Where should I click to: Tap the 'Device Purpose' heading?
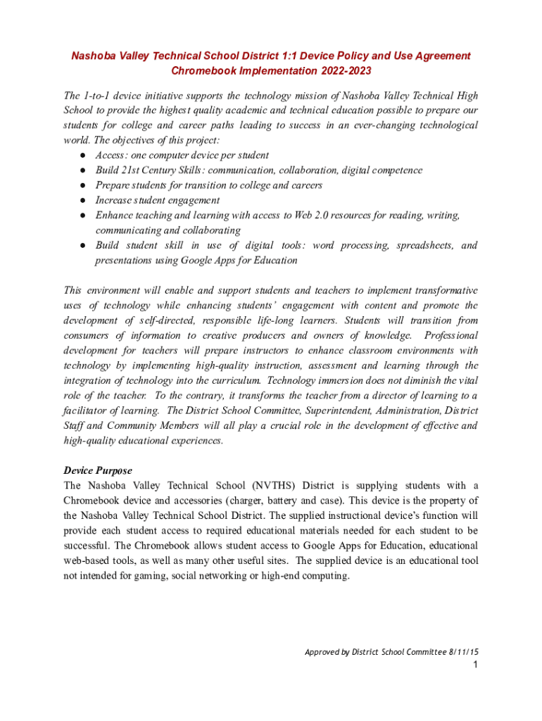(98, 470)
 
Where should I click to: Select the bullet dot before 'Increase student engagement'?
(82, 201)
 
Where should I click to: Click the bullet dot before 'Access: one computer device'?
(82, 155)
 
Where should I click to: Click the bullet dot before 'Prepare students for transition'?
(82, 185)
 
